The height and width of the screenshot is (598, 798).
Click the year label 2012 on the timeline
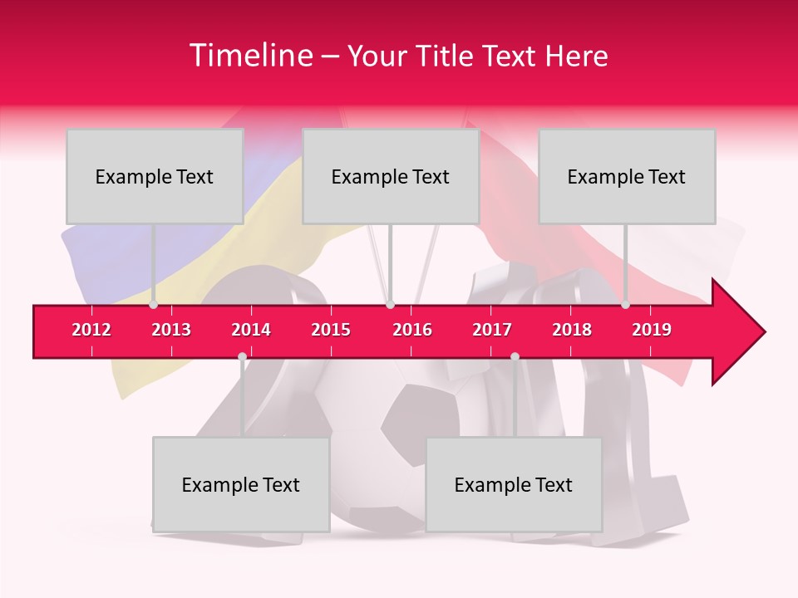coord(91,330)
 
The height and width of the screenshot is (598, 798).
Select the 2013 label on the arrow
coord(171,330)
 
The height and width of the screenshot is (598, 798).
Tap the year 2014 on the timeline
coord(251,330)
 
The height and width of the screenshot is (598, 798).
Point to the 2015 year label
coord(331,330)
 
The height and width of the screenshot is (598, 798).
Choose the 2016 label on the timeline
coord(412,330)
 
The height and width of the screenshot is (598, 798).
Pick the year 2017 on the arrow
coord(492,330)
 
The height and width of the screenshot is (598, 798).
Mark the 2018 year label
coord(572,330)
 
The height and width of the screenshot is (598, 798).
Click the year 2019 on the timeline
coord(652,330)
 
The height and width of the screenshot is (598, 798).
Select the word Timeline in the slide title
coord(249,56)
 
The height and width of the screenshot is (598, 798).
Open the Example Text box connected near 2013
coord(155,176)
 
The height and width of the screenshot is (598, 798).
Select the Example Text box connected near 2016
coord(391,176)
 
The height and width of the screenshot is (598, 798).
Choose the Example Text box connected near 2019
coord(627,176)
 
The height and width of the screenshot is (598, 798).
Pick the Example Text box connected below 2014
coord(241,484)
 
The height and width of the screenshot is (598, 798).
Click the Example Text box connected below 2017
coord(514,484)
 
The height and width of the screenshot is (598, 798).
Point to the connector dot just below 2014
coord(242,357)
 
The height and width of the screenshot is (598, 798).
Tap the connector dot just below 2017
coord(515,357)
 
